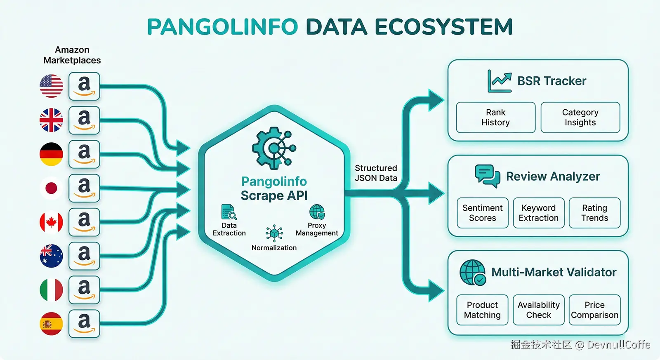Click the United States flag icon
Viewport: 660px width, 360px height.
pos(51,86)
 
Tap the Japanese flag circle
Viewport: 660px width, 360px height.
pos(51,188)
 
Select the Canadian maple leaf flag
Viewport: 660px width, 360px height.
pos(51,222)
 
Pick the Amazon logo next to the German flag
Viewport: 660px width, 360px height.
pos(84,154)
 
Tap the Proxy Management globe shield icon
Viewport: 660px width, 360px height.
pos(317,212)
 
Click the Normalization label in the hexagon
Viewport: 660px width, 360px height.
pos(274,248)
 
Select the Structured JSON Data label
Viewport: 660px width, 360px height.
pos(376,173)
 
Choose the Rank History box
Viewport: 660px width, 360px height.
pos(495,118)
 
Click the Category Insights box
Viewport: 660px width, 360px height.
pos(580,118)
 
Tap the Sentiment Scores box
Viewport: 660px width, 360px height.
pos(482,213)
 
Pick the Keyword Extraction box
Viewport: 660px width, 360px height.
pos(538,213)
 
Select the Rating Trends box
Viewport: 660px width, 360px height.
pos(594,213)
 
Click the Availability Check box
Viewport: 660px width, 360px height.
pos(538,310)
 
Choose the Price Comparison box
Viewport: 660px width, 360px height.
pos(594,310)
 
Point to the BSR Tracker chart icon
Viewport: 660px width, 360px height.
pos(499,81)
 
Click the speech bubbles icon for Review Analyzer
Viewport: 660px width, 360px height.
pos(487,176)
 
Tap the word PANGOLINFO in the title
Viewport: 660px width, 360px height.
pos(222,27)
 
